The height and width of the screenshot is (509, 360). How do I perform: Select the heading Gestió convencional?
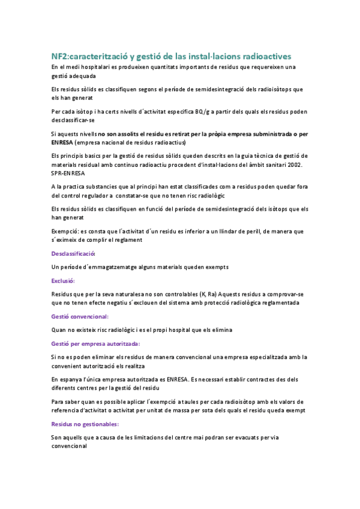(x=80, y=316)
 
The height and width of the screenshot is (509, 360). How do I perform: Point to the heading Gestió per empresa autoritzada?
(x=95, y=343)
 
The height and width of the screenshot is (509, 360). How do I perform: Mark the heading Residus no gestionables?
(x=85, y=424)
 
